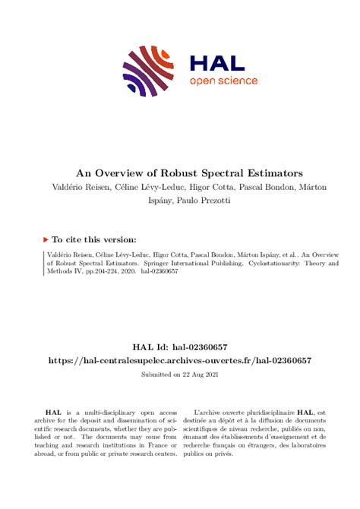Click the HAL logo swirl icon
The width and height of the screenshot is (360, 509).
pos(144,71)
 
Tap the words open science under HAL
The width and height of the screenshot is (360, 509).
pos(223,81)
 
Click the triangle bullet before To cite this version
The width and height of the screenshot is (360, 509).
pos(47,238)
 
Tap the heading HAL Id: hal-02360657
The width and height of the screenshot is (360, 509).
pos(179,346)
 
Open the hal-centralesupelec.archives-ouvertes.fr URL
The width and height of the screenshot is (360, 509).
pos(179,360)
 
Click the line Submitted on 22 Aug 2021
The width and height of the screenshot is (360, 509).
pos(179,375)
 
